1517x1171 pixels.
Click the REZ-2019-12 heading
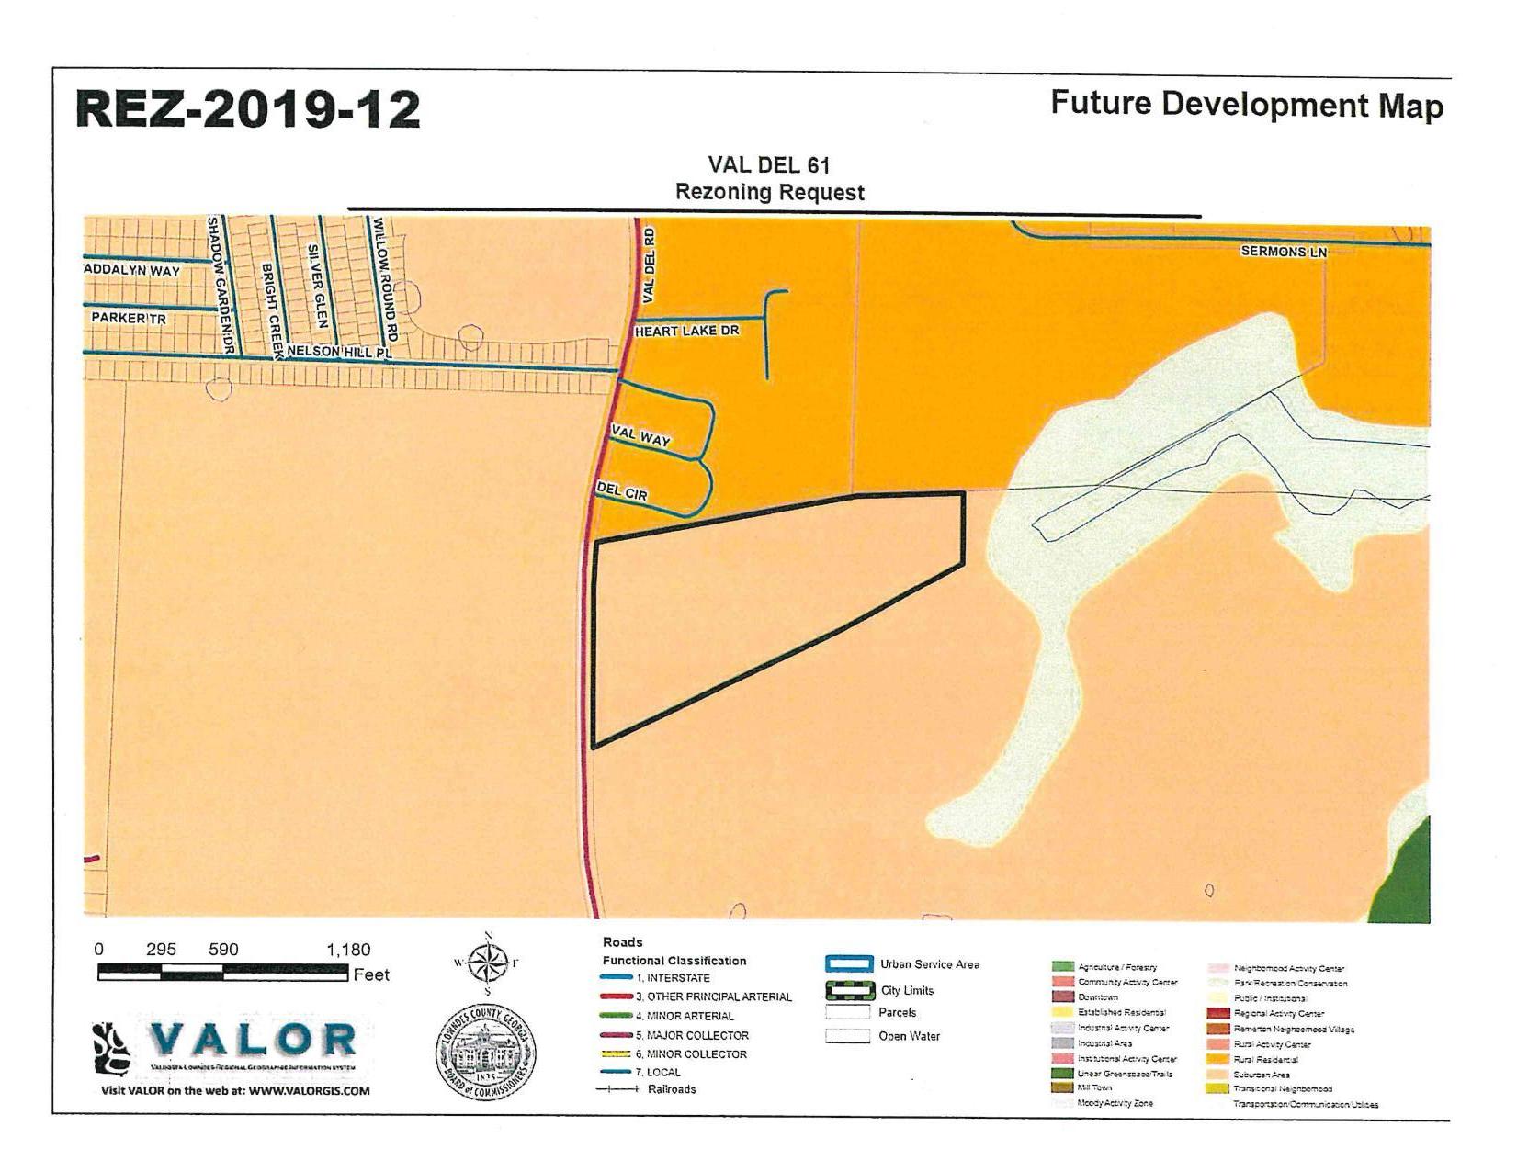[248, 110]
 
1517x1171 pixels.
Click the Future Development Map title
[1247, 104]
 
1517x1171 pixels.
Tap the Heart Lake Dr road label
[686, 331]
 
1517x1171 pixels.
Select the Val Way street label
[640, 437]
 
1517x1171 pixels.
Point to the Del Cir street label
[622, 492]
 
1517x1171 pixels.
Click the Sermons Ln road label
[1284, 251]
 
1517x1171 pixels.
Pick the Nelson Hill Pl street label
[339, 352]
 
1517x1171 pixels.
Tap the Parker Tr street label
[129, 318]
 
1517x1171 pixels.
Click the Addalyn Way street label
[132, 270]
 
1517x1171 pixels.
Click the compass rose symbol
[488, 963]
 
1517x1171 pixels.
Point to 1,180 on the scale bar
[348, 950]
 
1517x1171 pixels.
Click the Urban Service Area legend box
[848, 964]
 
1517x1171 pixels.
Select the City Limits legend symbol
[849, 990]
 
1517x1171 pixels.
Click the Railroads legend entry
[672, 1089]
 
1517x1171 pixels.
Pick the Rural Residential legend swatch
[1218, 1059]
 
